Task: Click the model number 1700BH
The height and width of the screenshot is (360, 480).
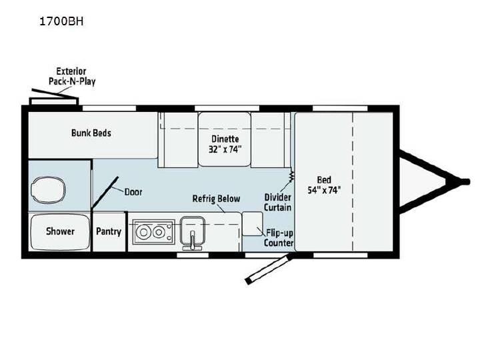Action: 61,21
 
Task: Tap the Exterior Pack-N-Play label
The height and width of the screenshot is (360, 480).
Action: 72,76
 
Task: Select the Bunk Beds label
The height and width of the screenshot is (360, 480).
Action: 91,133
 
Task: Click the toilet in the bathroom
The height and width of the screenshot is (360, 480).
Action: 48,190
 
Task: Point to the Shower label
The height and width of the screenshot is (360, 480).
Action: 60,231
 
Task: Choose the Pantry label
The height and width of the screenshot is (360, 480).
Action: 109,231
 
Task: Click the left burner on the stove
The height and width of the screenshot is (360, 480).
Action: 143,233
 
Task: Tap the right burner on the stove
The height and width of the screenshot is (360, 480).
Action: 159,233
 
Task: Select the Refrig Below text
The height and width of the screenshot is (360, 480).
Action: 216,199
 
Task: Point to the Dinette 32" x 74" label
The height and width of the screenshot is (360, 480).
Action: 225,144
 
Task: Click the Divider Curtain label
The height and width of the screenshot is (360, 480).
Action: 277,203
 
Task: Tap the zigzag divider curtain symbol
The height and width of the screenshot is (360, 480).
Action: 291,177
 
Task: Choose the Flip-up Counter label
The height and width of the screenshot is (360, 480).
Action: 279,238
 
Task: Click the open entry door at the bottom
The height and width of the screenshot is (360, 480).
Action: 268,270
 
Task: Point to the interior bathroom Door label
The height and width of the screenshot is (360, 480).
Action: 133,192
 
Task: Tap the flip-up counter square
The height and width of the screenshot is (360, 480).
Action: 252,223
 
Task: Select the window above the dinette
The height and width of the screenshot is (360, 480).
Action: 227,108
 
